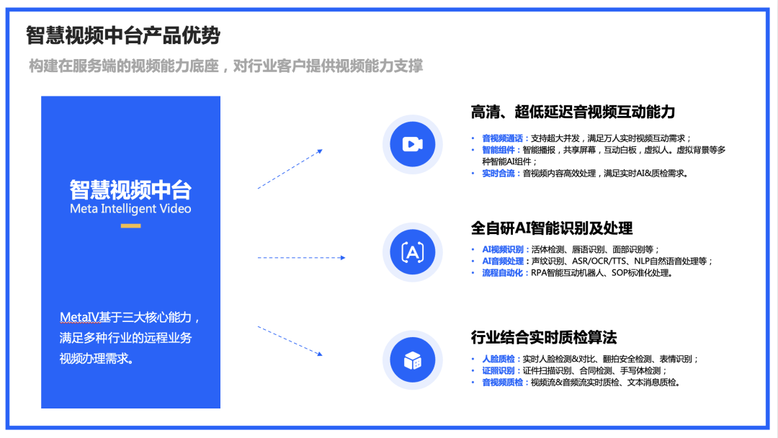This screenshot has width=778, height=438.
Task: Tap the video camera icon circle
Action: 412,144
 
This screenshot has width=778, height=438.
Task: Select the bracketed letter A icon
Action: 412,251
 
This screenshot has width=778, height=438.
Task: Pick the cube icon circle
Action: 412,359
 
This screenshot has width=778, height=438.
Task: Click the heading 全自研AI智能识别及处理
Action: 552,228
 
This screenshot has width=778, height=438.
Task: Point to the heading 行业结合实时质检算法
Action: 544,337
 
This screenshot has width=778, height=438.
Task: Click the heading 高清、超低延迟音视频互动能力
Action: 573,112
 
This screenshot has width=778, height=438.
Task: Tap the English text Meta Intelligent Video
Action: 130,209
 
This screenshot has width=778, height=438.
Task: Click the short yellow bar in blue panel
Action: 130,226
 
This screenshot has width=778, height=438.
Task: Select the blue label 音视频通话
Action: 505,138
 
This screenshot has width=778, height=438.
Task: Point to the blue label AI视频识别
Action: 505,249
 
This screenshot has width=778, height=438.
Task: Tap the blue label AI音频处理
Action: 505,261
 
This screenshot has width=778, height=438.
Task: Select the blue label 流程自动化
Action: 505,273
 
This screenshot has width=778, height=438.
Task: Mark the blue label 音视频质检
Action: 505,383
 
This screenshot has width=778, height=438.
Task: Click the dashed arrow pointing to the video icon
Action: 290,169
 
